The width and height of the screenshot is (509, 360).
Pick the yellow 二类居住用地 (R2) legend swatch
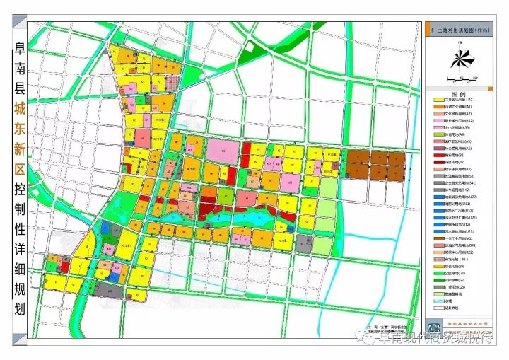coord(438,101)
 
